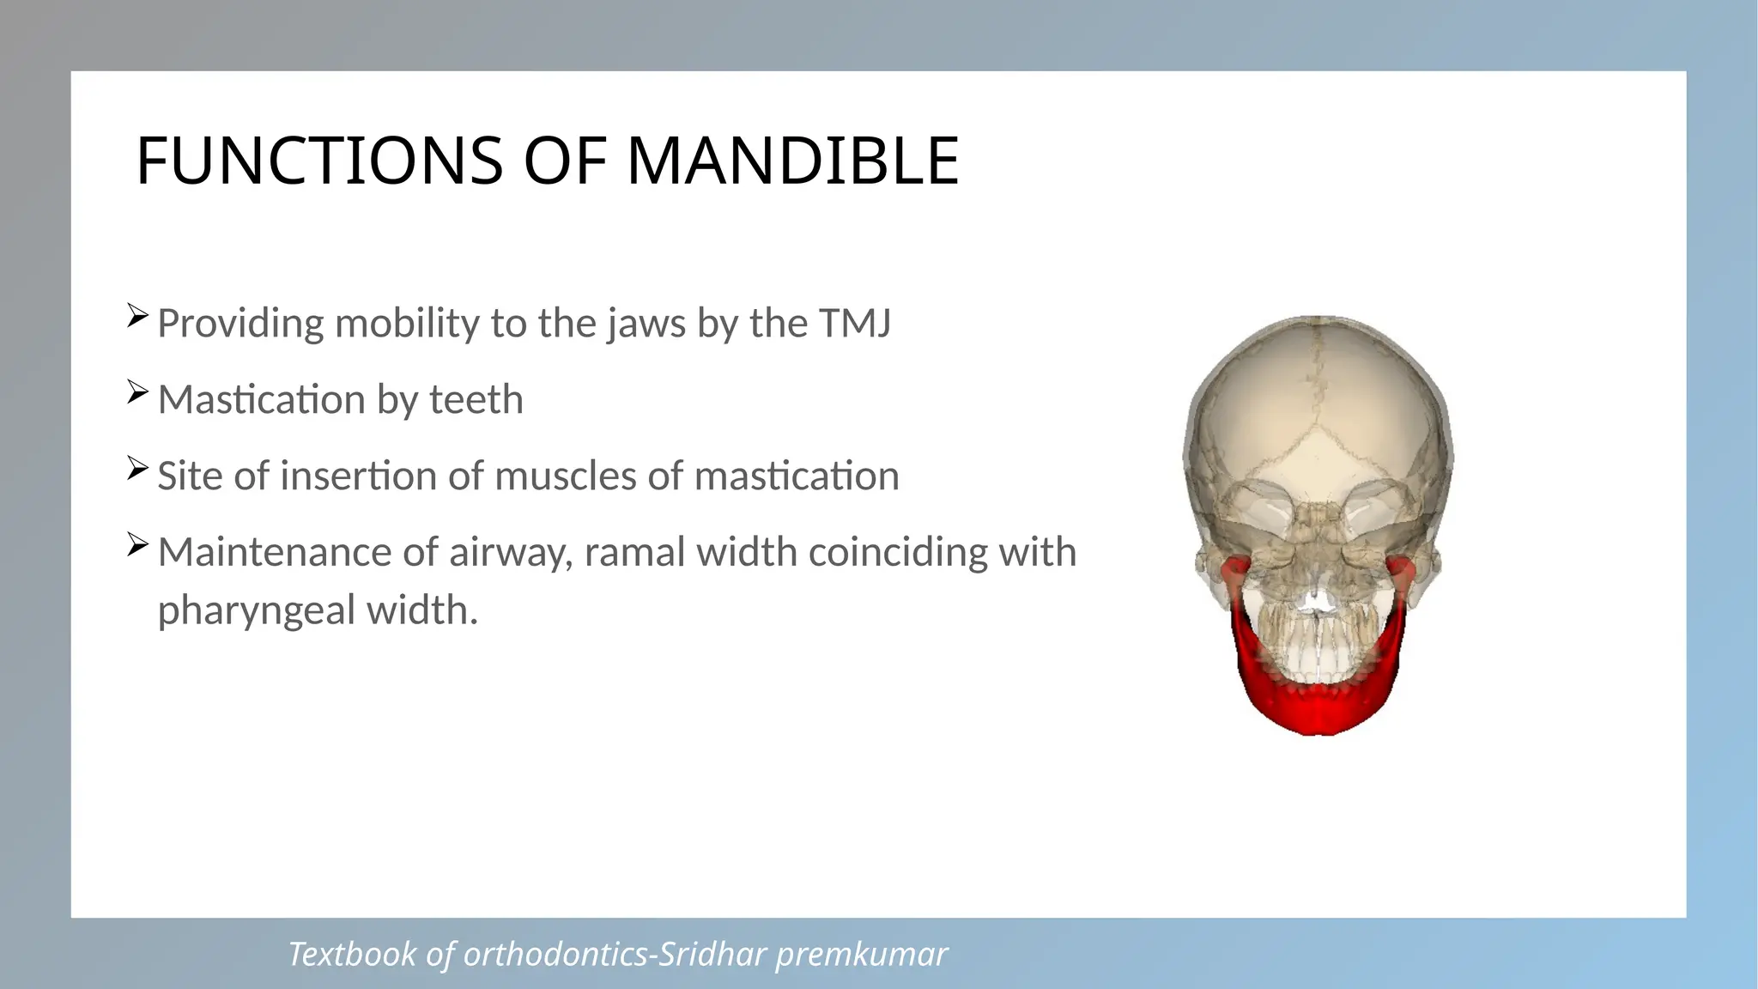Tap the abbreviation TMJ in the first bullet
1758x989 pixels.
click(855, 324)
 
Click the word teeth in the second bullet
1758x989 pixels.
click(476, 400)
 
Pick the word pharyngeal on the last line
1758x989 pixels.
click(256, 611)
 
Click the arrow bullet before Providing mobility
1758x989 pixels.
click(137, 316)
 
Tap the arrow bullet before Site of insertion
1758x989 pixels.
click(137, 468)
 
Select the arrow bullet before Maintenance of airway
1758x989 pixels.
click(137, 544)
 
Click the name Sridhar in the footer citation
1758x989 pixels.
click(712, 955)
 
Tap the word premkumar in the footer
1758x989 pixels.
click(862, 955)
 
